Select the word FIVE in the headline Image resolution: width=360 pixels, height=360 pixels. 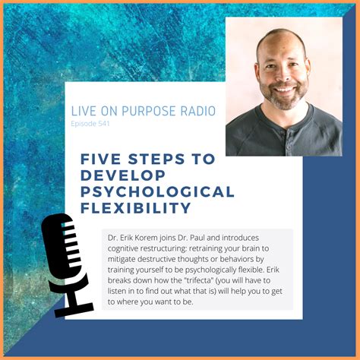coord(101,159)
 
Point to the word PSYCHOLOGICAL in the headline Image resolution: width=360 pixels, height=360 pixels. coord(156,191)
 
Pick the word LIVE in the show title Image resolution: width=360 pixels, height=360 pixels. coord(84,111)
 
